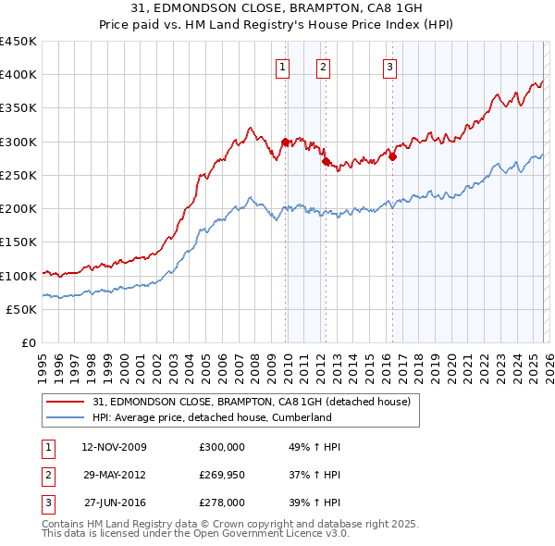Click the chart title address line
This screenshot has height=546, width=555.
click(x=277, y=9)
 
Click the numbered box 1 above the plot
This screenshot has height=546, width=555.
click(x=282, y=66)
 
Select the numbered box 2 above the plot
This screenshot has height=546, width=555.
click(x=323, y=66)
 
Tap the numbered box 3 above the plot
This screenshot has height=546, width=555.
click(x=389, y=66)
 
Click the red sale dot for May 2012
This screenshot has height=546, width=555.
click(x=326, y=162)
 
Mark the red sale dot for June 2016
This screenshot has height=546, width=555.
click(x=392, y=156)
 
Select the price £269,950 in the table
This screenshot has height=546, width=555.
click(x=222, y=475)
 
